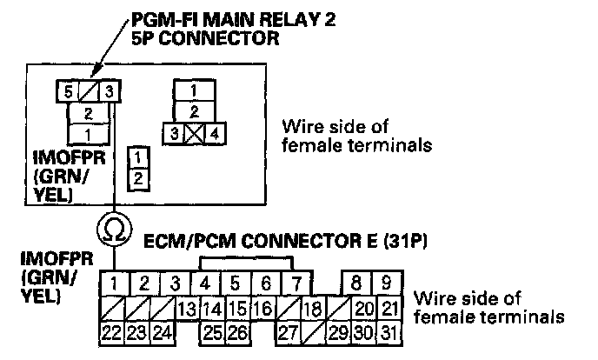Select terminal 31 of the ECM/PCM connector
389,331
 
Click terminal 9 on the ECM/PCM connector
389,283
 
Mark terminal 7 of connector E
296,283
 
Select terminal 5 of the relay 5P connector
68,90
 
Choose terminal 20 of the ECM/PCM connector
364,308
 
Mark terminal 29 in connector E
340,331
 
